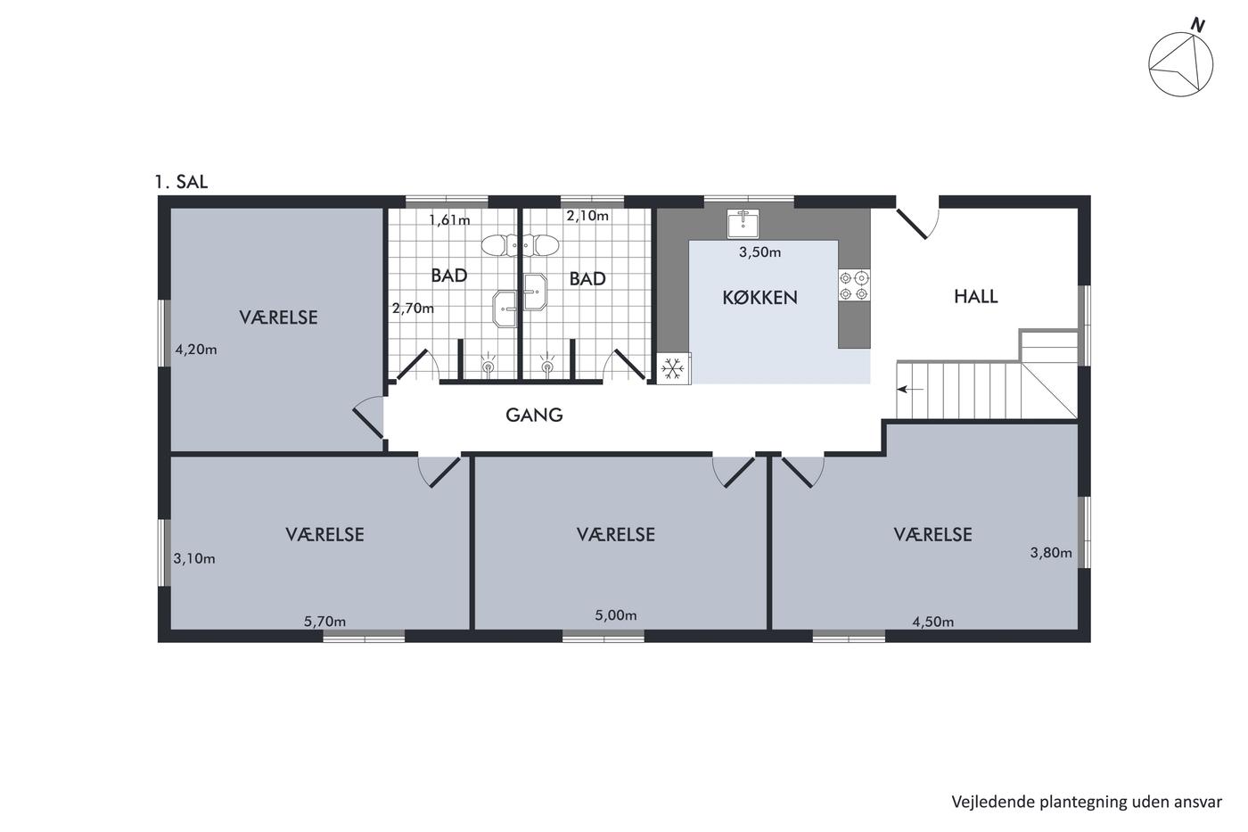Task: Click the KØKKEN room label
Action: click(759, 298)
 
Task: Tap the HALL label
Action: click(975, 296)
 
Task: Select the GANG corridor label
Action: click(534, 416)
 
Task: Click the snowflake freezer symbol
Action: click(673, 368)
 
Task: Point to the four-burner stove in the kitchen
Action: click(854, 285)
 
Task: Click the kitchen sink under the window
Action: click(743, 224)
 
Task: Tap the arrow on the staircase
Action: click(910, 390)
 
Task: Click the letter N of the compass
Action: click(1196, 25)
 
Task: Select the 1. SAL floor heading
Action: click(181, 182)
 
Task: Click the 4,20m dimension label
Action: click(196, 350)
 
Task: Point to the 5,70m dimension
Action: click(324, 622)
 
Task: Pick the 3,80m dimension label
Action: click(1051, 553)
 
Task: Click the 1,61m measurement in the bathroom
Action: click(449, 220)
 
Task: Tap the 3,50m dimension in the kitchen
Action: click(759, 252)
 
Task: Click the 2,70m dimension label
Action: click(413, 309)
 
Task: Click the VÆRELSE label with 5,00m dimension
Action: click(616, 535)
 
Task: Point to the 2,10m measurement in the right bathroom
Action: click(587, 216)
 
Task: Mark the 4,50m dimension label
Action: click(932, 622)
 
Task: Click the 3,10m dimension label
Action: click(194, 559)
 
